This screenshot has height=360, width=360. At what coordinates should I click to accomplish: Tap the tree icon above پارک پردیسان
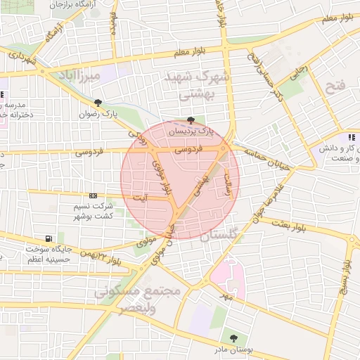click(x=191, y=120)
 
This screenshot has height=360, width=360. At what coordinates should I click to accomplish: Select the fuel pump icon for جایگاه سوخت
click(x=48, y=238)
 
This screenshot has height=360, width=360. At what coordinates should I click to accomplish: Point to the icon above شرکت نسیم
click(x=93, y=196)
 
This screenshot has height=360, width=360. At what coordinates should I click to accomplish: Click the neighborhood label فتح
click(x=337, y=86)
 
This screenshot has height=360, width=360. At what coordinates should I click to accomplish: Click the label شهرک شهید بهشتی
click(x=190, y=84)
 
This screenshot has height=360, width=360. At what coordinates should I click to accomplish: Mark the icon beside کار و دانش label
click(x=351, y=138)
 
